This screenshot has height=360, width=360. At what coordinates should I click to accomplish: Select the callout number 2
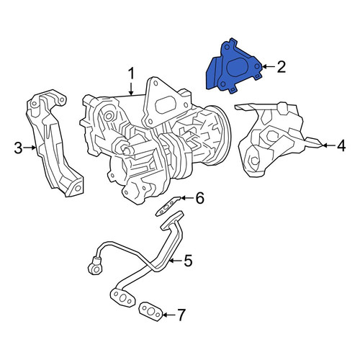281,67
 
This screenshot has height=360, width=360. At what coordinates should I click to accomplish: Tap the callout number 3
18,148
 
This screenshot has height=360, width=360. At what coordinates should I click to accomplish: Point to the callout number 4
341,145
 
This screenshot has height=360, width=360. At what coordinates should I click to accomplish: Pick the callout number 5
188,261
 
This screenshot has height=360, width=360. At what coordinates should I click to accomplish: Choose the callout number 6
199,198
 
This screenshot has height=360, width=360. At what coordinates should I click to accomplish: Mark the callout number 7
181,315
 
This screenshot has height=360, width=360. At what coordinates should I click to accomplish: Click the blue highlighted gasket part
233,67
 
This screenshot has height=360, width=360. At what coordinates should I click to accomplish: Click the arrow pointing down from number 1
131,89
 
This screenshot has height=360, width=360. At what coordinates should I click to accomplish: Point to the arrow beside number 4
329,145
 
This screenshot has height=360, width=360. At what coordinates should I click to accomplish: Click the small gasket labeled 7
150,312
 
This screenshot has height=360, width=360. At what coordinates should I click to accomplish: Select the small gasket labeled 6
168,206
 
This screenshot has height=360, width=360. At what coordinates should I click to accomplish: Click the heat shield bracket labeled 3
54,143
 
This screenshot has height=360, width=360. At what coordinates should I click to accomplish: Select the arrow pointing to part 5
176,261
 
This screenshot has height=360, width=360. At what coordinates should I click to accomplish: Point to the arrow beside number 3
30,148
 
